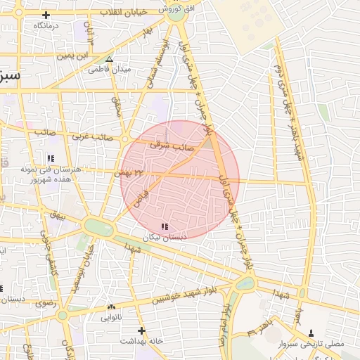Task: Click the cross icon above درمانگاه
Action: point(46,15)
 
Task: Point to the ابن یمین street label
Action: point(75,55)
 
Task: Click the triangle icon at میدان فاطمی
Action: point(109,60)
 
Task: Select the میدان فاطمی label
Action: point(109,70)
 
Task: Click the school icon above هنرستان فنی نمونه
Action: point(50,158)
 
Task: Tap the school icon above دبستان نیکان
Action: point(165,226)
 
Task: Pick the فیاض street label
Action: point(141,193)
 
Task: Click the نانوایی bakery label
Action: point(112,317)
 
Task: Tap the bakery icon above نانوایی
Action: point(112,307)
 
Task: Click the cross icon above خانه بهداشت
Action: point(141,330)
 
